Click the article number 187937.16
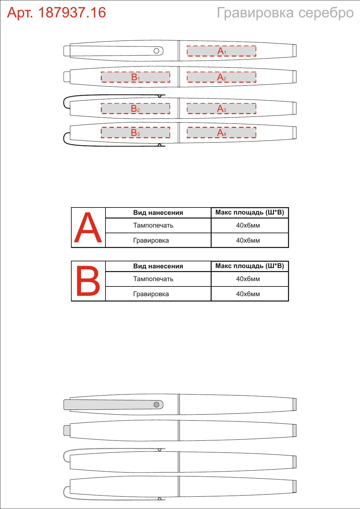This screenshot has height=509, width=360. point(72,12)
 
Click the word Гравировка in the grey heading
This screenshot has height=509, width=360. point(255,13)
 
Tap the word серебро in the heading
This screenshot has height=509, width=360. point(326,13)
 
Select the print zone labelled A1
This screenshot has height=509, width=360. point(221,51)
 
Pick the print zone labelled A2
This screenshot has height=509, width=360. point(221,77)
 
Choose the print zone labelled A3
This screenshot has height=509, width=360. point(221,108)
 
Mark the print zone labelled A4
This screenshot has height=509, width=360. point(221,133)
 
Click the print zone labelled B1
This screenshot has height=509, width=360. point(136,77)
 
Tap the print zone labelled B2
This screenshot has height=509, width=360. point(136,108)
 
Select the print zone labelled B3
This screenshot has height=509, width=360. point(136,133)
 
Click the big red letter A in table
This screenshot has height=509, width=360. point(88,228)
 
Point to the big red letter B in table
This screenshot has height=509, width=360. point(88,281)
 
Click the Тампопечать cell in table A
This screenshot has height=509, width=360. point(153,226)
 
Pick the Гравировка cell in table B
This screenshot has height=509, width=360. point(151,294)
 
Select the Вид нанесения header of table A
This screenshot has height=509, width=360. point(158,213)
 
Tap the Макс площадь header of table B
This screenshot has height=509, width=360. point(250,266)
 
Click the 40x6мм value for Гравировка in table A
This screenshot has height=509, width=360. point(248,240)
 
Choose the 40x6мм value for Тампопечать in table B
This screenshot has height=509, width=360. point(248,279)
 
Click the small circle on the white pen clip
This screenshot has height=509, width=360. point(156,51)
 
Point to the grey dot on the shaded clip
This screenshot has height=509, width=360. point(156,405)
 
